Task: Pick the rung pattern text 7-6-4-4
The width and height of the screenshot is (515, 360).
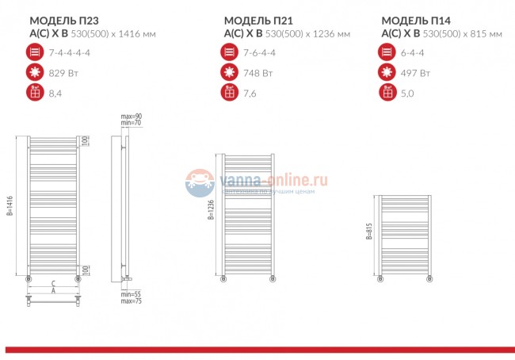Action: tap(262, 53)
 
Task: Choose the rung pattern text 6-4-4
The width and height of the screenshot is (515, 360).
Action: tap(414, 53)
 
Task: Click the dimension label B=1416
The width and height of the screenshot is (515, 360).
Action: tap(11, 206)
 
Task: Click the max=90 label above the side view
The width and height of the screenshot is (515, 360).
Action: tap(131, 117)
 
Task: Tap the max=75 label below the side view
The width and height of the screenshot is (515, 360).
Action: tap(131, 301)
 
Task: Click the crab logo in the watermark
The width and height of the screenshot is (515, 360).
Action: tap(200, 183)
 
